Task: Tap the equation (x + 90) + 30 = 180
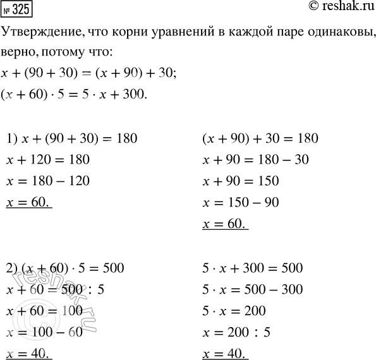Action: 259,138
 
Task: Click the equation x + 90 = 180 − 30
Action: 255,160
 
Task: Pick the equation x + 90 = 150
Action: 240,182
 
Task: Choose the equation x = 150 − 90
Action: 241,203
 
